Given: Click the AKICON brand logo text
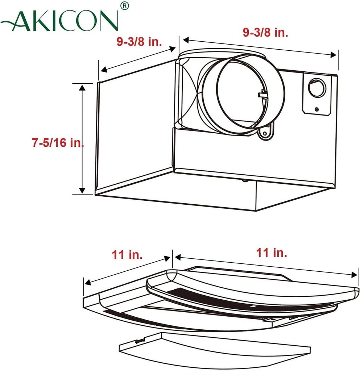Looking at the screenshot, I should [60, 21].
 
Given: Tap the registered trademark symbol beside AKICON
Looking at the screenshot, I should [124, 6].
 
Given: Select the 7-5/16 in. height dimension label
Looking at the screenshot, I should [57, 143].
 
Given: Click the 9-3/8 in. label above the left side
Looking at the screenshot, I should [139, 41].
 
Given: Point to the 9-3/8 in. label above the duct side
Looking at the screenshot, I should [265, 33].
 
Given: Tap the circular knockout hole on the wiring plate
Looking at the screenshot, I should [316, 88].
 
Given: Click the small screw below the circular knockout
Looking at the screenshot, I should [317, 109].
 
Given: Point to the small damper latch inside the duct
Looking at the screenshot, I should [263, 95].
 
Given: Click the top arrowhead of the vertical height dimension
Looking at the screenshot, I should [82, 87].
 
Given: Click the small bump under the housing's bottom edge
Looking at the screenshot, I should [245, 180].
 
